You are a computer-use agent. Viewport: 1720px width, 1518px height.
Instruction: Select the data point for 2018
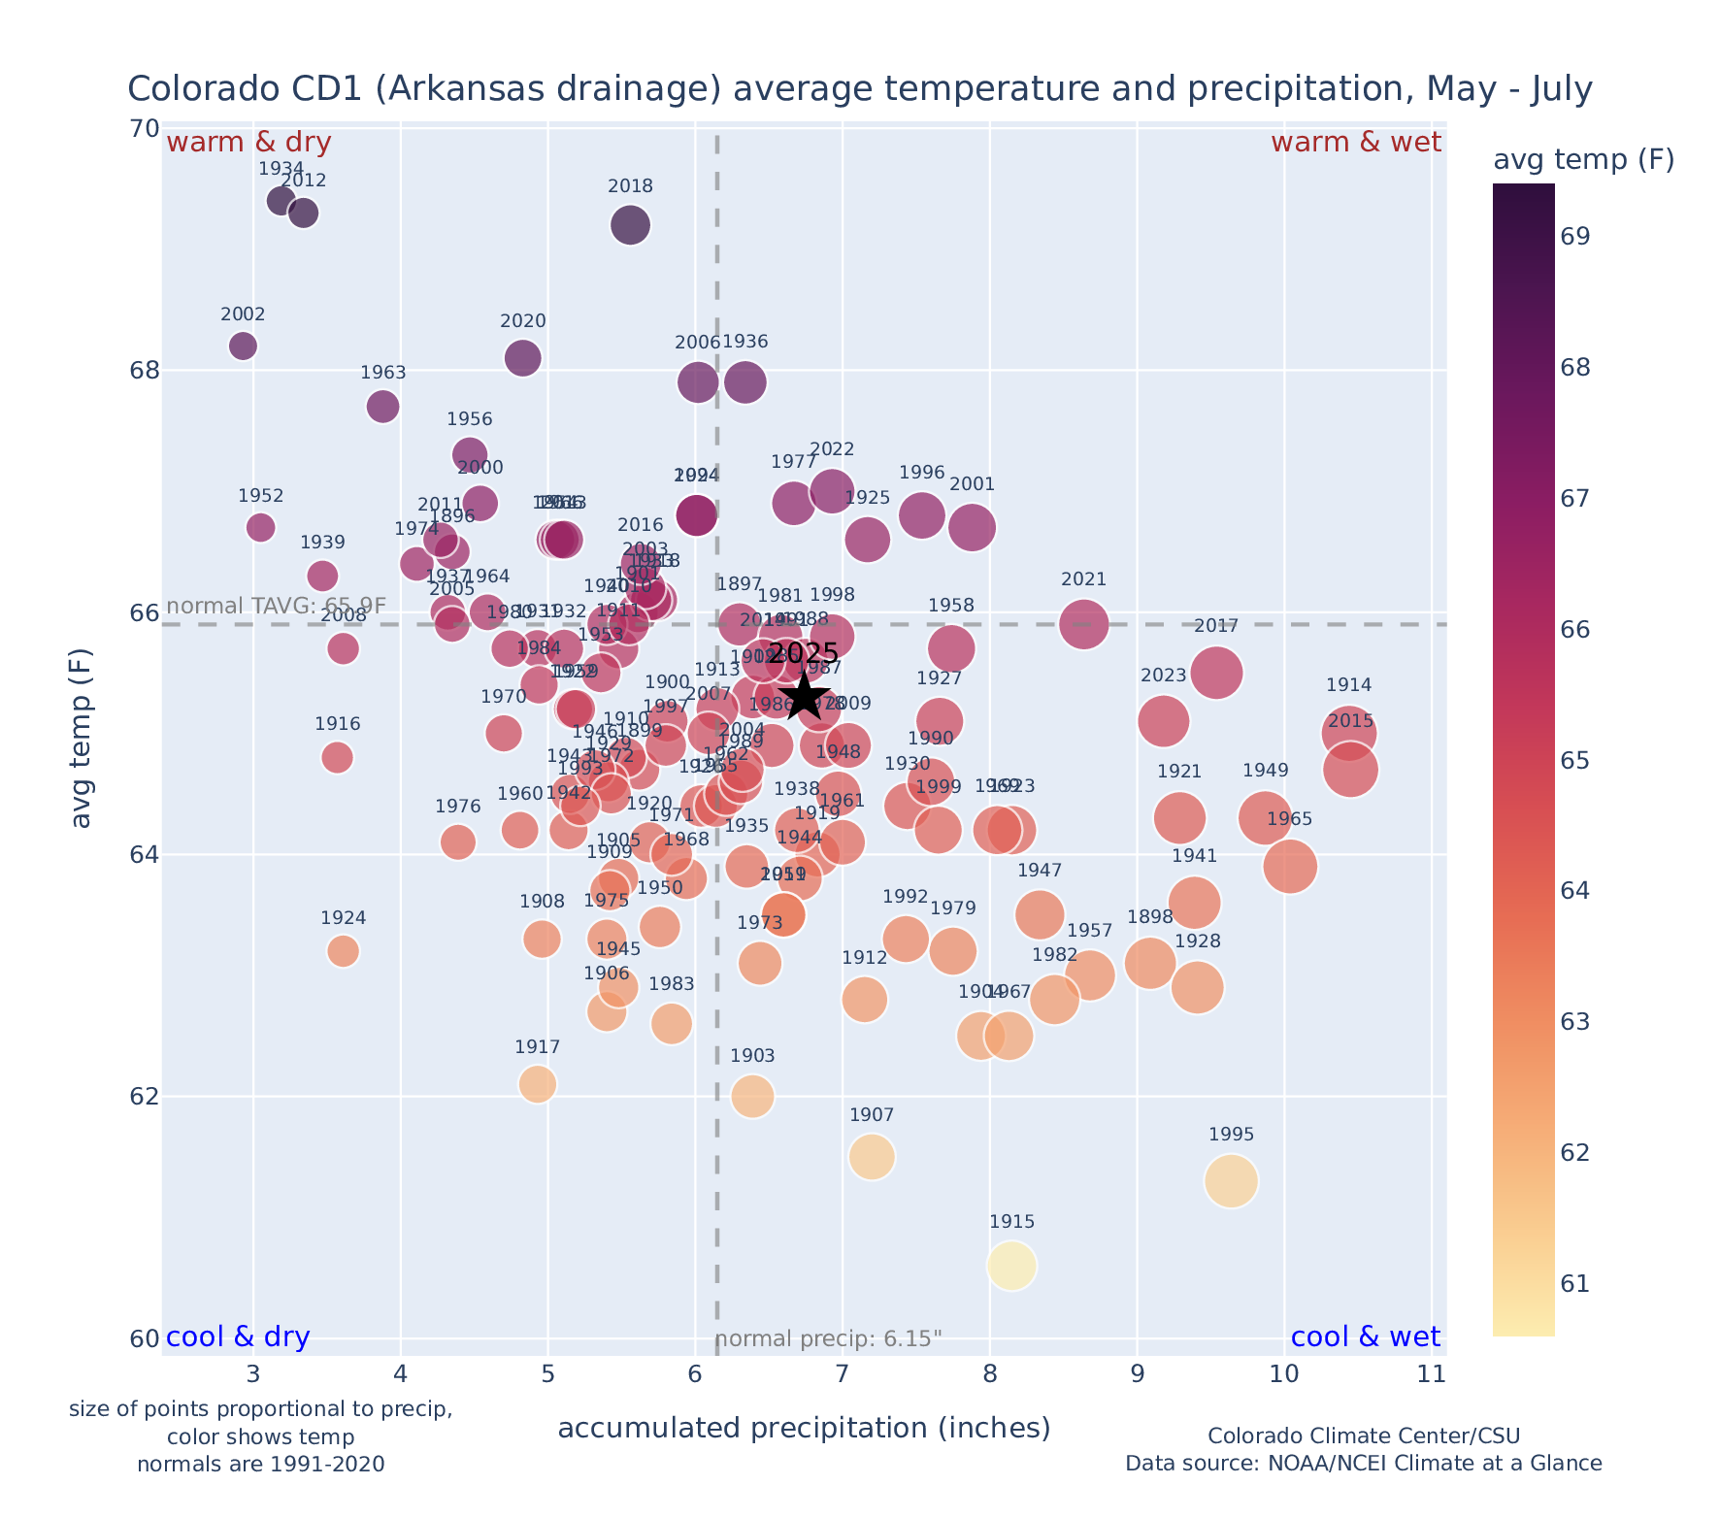click(x=630, y=225)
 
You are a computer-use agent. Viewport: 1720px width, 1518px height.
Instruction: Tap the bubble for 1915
click(x=1011, y=1266)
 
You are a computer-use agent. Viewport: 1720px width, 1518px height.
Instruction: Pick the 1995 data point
click(x=1231, y=1181)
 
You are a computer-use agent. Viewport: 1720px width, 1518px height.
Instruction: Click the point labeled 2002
click(x=243, y=346)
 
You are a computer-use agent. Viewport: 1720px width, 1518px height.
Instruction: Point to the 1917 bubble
click(x=537, y=1084)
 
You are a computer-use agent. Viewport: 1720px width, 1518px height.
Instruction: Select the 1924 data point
click(x=343, y=951)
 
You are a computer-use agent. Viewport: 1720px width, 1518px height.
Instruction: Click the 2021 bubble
click(x=1083, y=624)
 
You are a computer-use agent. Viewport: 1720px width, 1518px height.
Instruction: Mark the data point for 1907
click(x=872, y=1157)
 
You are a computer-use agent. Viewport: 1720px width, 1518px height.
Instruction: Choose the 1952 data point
click(x=260, y=527)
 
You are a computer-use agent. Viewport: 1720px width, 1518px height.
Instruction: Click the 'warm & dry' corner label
click(x=248, y=143)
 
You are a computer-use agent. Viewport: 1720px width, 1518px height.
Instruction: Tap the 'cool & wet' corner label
click(x=1365, y=1337)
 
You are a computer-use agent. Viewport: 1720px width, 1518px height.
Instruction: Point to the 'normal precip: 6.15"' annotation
click(x=829, y=1340)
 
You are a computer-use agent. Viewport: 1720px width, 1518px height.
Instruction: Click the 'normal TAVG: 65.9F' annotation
click(x=277, y=607)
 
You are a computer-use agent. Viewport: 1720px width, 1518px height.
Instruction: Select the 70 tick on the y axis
click(x=144, y=129)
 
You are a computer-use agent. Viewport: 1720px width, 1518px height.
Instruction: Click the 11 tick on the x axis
click(x=1431, y=1374)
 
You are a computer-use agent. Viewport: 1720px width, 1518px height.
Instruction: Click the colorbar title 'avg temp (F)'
click(x=1583, y=160)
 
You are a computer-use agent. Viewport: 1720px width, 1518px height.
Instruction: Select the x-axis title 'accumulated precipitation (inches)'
click(x=804, y=1429)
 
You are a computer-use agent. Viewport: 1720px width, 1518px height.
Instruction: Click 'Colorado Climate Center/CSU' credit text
click(x=1363, y=1436)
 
